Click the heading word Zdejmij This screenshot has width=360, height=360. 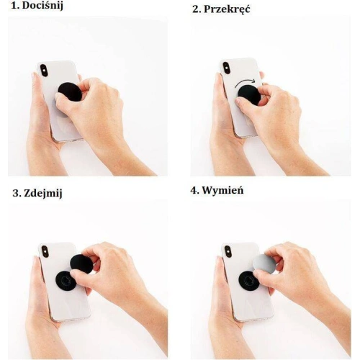(x=42, y=193)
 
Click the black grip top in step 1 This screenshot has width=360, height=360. (x=70, y=91)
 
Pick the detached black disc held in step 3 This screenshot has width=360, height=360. (x=81, y=264)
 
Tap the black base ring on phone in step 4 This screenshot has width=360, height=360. (x=249, y=280)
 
